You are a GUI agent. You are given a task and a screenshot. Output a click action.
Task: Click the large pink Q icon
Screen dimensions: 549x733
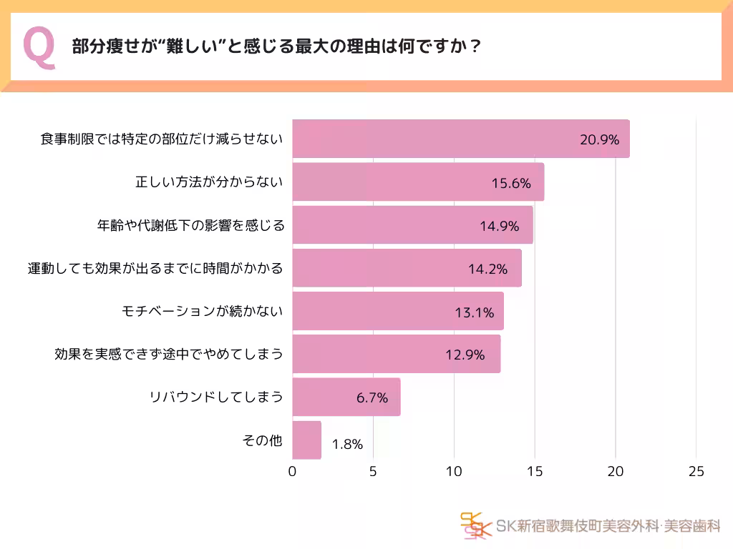pyautogui.click(x=39, y=48)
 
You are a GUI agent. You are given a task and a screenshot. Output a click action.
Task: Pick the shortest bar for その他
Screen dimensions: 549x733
pyautogui.click(x=307, y=440)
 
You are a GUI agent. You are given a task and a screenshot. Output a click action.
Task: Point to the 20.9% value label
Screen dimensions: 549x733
pyautogui.click(x=599, y=140)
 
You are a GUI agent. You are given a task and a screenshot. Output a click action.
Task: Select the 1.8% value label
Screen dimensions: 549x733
pyautogui.click(x=347, y=444)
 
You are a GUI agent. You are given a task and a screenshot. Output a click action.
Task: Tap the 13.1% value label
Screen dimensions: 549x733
pyautogui.click(x=474, y=312)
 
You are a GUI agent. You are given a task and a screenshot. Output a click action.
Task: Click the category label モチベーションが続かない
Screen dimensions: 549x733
pyautogui.click(x=203, y=311)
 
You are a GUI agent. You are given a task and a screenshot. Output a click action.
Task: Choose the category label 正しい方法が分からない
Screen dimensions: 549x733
pyautogui.click(x=209, y=182)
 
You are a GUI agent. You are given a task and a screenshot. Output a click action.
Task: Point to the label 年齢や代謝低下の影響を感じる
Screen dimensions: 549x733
pyautogui.click(x=190, y=225)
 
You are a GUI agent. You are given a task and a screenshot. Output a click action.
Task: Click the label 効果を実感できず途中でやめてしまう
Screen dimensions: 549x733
pyautogui.click(x=169, y=354)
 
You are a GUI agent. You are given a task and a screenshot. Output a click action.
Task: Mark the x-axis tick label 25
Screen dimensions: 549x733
pyautogui.click(x=696, y=472)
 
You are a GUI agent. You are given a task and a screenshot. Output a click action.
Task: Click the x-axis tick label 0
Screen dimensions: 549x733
pyautogui.click(x=292, y=472)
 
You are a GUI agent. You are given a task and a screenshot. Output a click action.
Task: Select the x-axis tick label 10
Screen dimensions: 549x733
pyautogui.click(x=454, y=472)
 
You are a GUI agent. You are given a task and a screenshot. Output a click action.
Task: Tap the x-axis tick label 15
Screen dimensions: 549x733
pyautogui.click(x=535, y=472)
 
